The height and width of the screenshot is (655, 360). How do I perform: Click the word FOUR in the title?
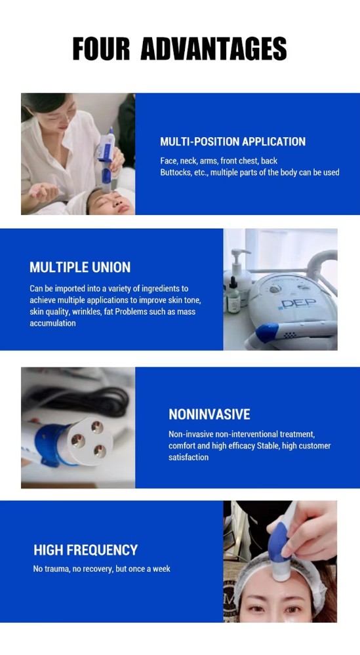pos(101,49)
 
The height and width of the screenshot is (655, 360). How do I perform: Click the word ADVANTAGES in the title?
pos(213,49)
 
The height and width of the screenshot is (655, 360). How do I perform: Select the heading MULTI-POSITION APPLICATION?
pos(233,142)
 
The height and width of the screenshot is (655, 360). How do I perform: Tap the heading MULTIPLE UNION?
pos(80,267)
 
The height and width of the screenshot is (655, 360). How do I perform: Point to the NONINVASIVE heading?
pos(209,414)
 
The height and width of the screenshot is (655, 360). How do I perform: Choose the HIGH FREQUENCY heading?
pos(86,549)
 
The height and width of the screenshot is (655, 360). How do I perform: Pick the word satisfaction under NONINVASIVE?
pos(188,458)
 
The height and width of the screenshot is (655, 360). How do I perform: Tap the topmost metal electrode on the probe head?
pos(97,426)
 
